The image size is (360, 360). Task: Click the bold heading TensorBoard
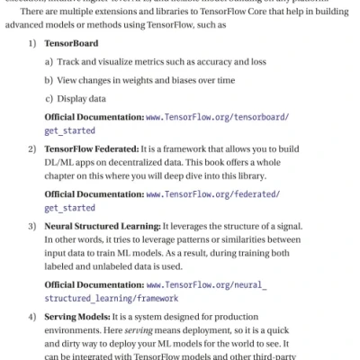tap(74, 43)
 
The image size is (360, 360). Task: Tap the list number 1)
tap(33, 43)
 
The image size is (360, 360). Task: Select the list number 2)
tap(33, 148)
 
